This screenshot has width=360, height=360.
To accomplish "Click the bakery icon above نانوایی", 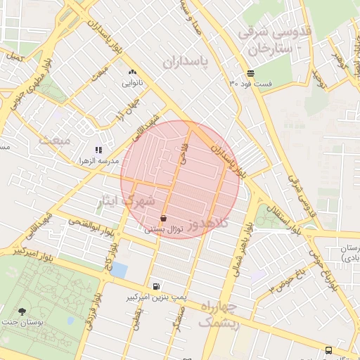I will point(132,72).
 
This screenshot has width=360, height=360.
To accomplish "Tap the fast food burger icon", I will point(251,73).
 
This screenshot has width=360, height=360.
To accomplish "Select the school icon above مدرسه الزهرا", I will point(99,150).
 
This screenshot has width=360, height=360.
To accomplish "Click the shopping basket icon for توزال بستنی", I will point(164,218).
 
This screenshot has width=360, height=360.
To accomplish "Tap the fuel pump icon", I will point(155,286).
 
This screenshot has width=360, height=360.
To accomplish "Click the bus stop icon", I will point(328,350).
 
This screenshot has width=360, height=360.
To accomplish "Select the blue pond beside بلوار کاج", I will point(120,270).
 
